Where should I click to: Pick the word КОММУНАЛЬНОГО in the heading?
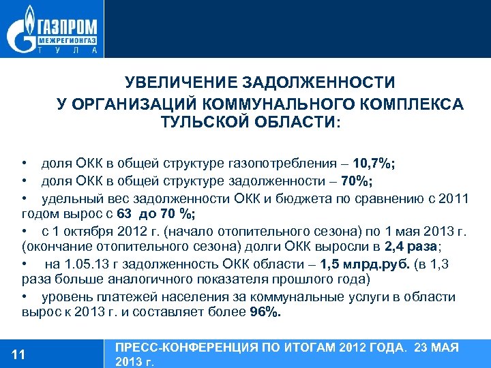click(280, 103)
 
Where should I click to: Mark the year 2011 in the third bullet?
click(453, 198)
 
